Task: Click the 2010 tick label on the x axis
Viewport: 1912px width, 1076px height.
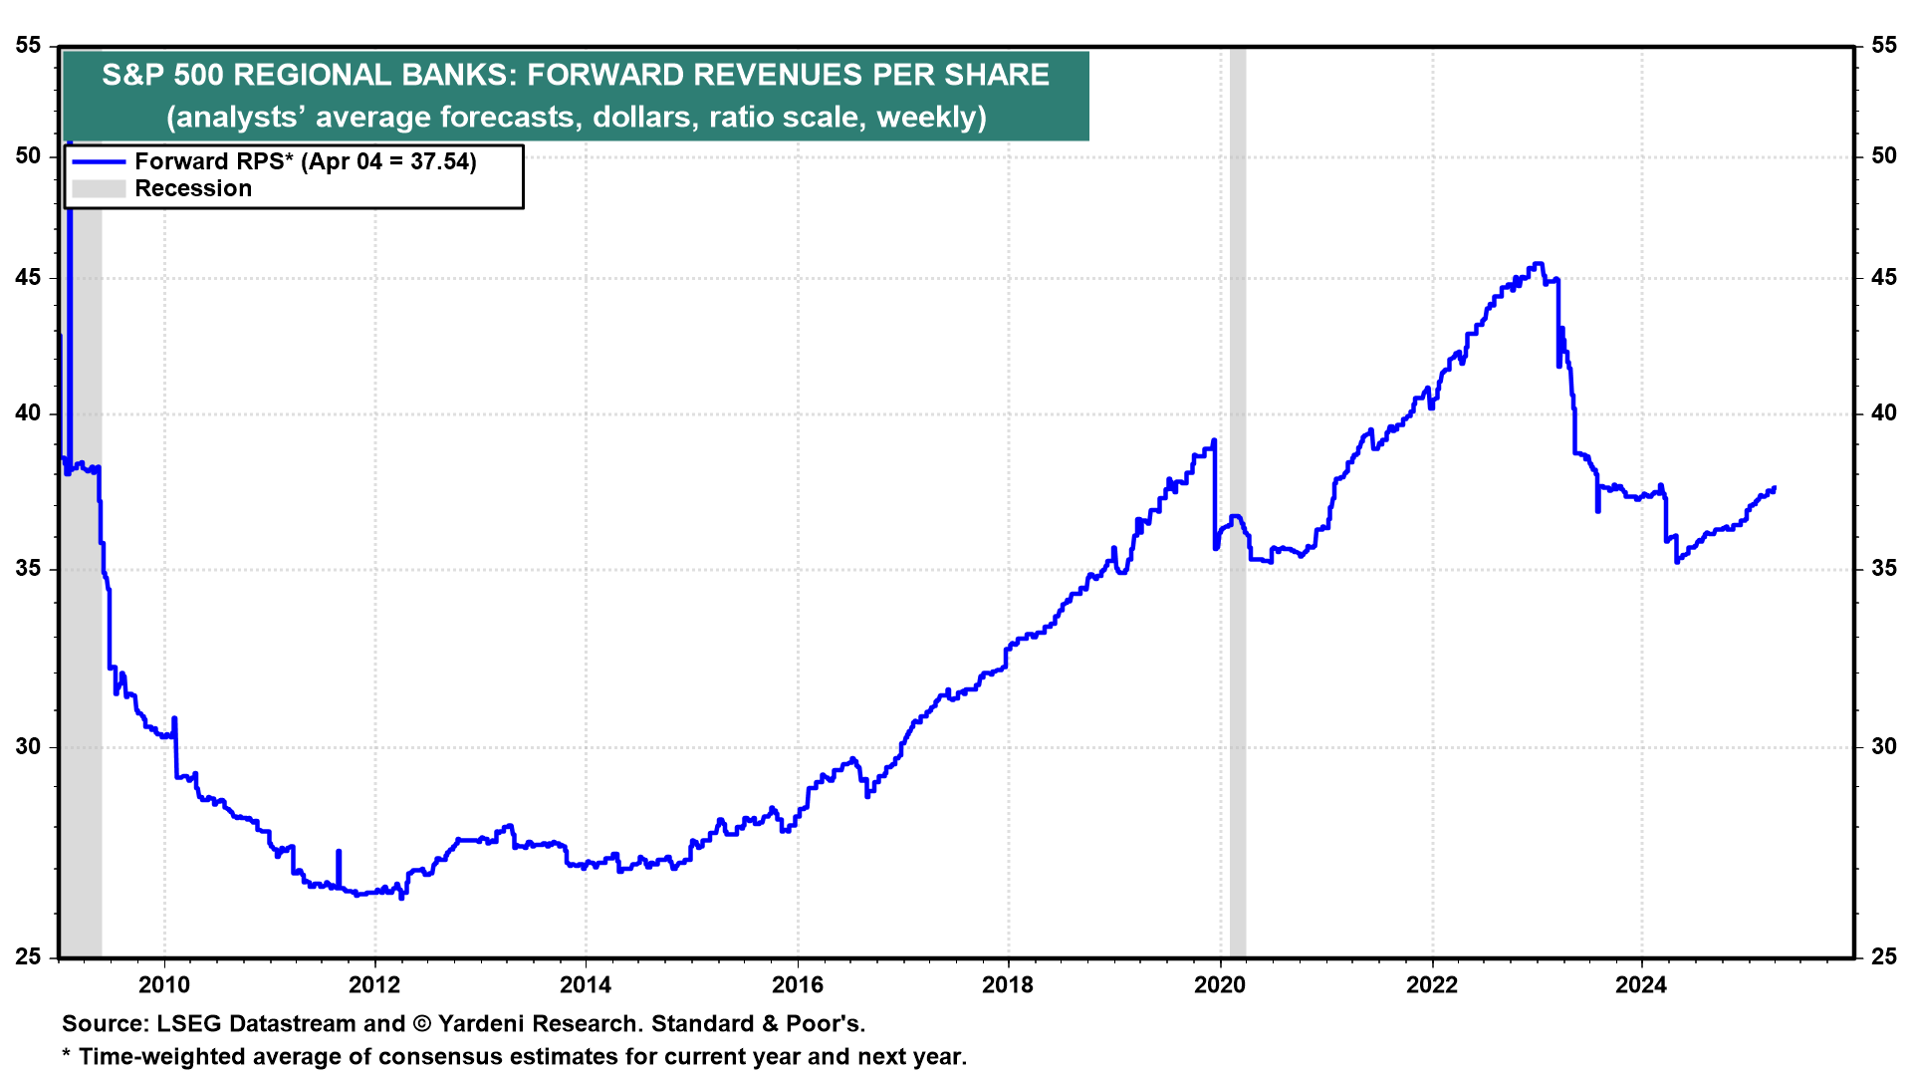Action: coord(163,985)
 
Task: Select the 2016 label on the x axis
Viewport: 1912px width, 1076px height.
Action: coord(798,985)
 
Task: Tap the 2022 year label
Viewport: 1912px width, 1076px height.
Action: coord(1431,985)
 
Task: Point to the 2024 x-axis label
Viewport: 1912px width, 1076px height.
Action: coord(1641,985)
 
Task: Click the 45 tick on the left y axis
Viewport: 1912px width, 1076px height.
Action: coord(29,277)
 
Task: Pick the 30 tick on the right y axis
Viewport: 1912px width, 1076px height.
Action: coord(1883,746)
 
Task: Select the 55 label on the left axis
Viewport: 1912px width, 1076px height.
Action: coord(29,45)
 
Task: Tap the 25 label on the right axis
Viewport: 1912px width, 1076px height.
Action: coord(1883,956)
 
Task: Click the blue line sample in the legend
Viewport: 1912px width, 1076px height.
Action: coord(99,161)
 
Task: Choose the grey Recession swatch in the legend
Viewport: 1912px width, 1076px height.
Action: coord(99,188)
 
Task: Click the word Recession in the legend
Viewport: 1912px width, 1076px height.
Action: coord(193,188)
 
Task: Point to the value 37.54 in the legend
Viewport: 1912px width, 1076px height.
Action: coord(439,161)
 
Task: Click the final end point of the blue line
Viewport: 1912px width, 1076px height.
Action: coord(1775,488)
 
